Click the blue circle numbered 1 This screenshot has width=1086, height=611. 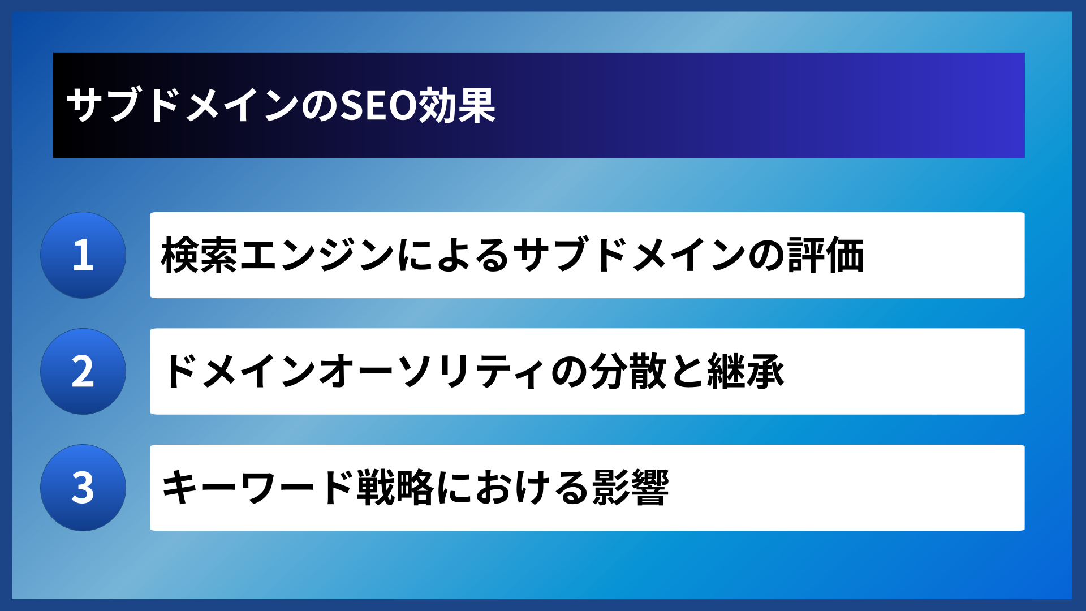[x=83, y=255]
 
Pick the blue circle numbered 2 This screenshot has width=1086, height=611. [x=83, y=372]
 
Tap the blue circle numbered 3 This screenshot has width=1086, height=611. [x=83, y=488]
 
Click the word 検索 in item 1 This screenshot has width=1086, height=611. [x=200, y=255]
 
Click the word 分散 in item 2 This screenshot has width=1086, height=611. [x=628, y=372]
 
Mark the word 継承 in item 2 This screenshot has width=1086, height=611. [x=745, y=372]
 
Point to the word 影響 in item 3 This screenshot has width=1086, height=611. [x=630, y=488]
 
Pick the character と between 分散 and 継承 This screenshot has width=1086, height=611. [x=687, y=372]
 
